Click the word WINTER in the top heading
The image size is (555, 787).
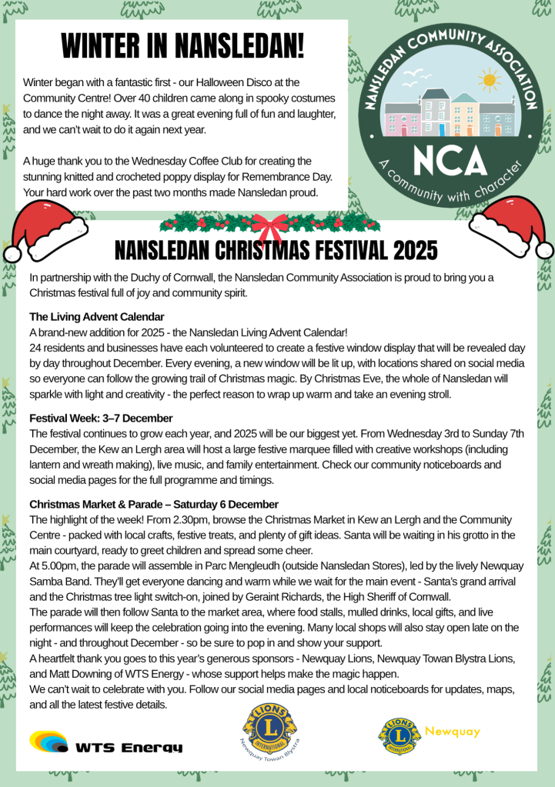pos(101,47)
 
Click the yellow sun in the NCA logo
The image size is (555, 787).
pos(488,80)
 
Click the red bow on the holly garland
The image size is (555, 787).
pos(269,226)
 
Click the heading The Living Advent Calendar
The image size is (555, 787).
pos(97,317)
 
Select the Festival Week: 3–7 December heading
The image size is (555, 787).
pos(101,419)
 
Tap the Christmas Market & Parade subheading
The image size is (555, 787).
pos(154,505)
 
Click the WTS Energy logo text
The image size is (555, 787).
pos(129,747)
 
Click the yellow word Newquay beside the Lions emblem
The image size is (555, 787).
pos(453,730)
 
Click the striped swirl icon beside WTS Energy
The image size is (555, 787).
pos(48,742)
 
